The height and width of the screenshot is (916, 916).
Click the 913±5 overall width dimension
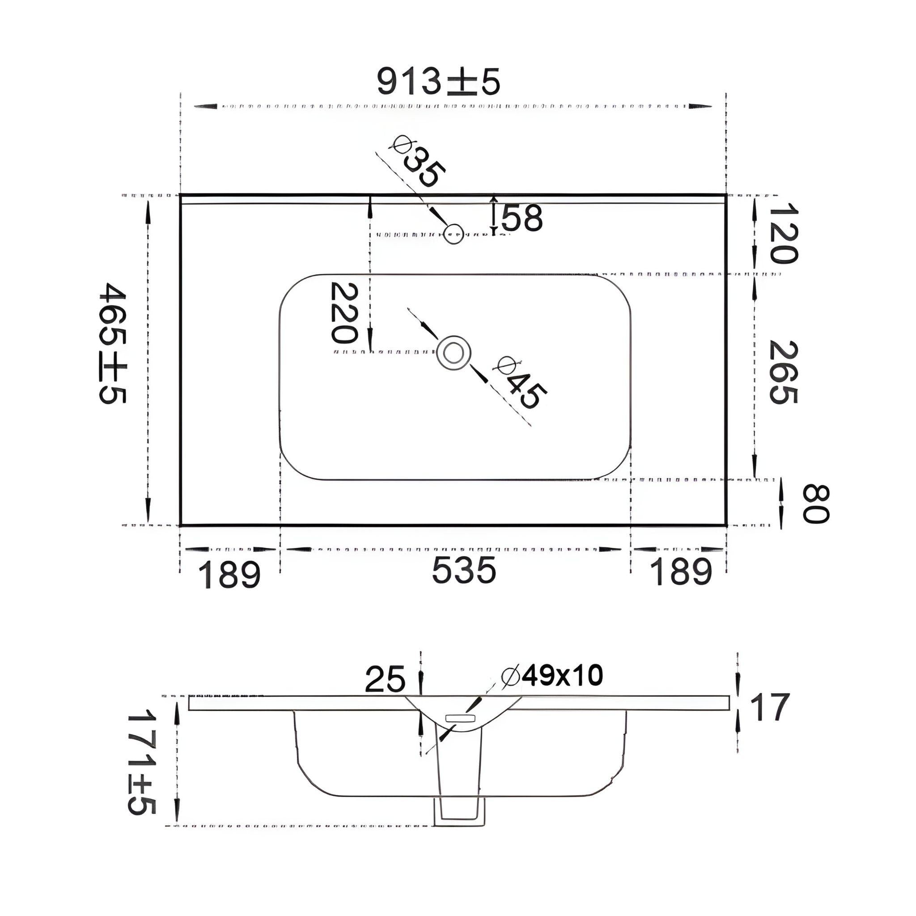(x=438, y=81)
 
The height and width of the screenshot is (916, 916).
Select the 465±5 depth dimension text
(x=113, y=343)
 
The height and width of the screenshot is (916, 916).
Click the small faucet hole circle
(x=453, y=233)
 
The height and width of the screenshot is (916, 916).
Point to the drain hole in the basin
(x=453, y=353)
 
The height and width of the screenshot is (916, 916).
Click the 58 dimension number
(x=522, y=218)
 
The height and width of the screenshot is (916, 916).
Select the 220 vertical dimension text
(x=342, y=313)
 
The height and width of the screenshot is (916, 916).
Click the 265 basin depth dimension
(x=784, y=372)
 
